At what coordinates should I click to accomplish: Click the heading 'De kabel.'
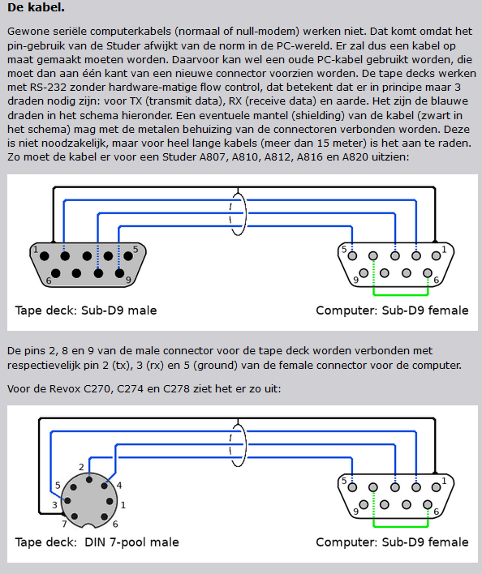coord(36,7)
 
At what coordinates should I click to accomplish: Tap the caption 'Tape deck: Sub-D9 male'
coord(86,311)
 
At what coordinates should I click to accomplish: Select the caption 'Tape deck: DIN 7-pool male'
coord(97,542)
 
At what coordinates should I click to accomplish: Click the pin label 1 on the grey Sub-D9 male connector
coord(36,250)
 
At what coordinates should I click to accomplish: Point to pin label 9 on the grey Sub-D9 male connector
coord(128,280)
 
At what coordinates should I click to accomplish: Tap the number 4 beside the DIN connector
coord(119,486)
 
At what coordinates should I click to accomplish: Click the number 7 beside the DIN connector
coord(64,524)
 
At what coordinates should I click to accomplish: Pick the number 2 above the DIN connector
coord(81,467)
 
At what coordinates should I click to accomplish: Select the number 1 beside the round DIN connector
coord(123,505)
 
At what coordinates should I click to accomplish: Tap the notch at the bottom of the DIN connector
coord(89,526)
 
